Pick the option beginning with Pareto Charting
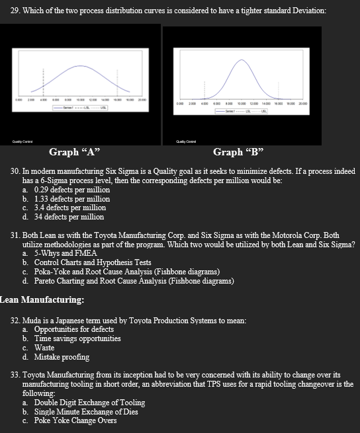(133, 280)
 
